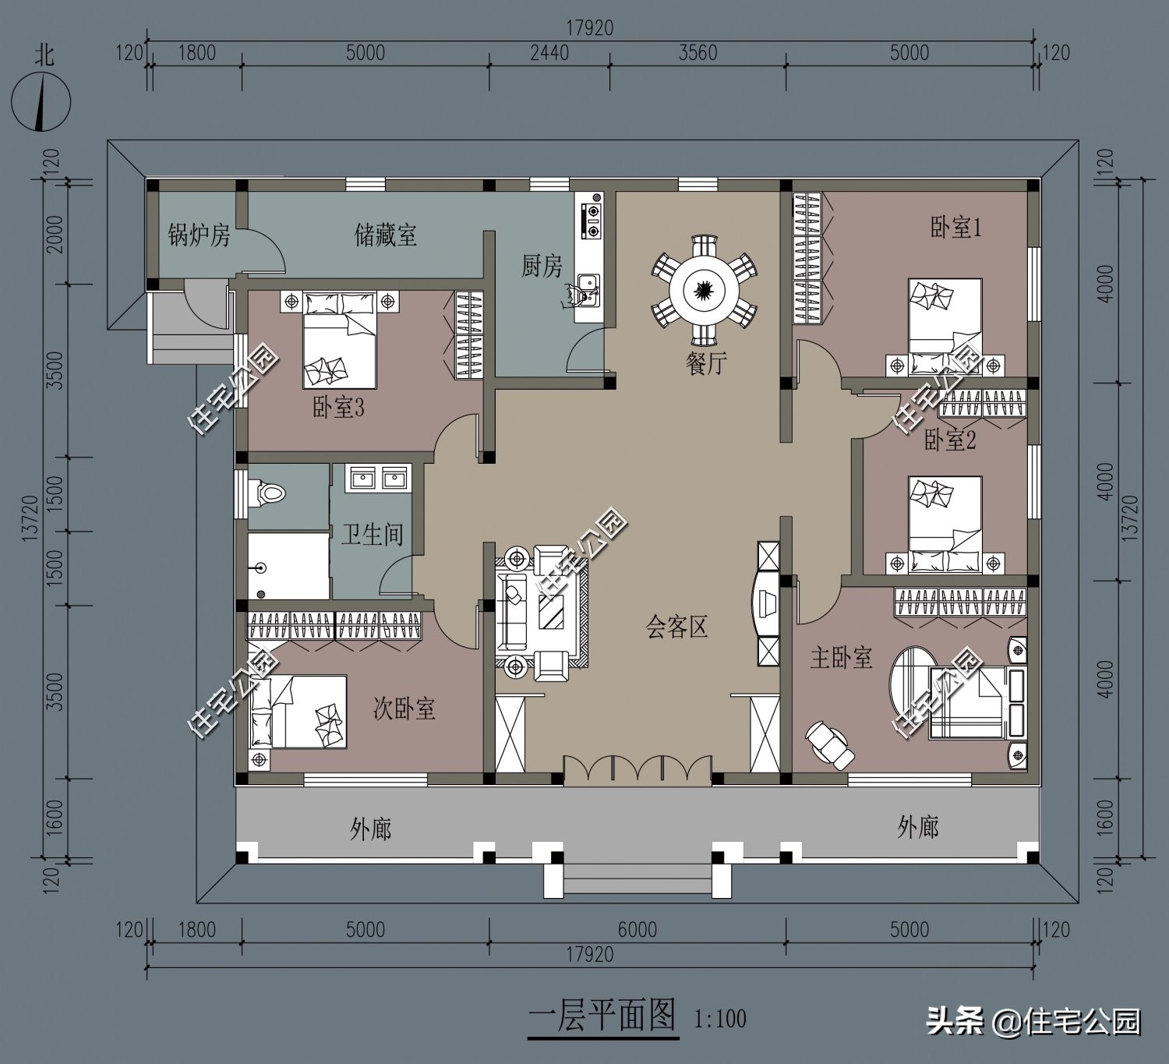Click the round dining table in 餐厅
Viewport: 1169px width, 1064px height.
(704, 289)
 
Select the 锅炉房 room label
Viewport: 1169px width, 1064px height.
(199, 235)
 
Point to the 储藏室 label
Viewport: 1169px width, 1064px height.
(385, 235)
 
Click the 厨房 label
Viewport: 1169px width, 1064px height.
(542, 267)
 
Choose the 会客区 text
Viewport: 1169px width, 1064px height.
(676, 627)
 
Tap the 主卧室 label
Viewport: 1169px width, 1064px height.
(841, 658)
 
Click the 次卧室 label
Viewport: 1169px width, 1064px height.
(404, 709)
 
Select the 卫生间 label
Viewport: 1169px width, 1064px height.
(372, 534)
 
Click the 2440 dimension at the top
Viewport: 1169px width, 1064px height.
(549, 53)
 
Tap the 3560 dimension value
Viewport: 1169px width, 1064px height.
(698, 53)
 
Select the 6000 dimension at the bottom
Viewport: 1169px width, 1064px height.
(637, 929)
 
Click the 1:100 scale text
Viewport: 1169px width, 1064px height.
(719, 1019)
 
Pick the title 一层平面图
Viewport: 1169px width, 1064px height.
(602, 1016)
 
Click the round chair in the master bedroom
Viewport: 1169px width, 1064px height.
(830, 744)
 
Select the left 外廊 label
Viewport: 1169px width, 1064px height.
(371, 829)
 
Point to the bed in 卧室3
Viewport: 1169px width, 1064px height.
(340, 341)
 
